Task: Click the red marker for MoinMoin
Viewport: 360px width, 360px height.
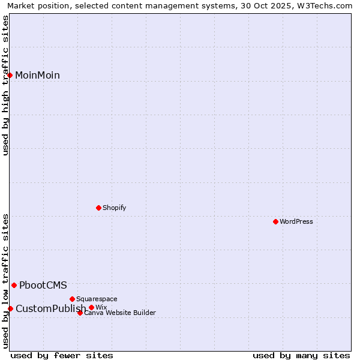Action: click(10, 75)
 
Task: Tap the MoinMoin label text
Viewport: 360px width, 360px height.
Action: click(37, 75)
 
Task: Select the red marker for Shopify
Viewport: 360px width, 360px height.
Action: click(98, 208)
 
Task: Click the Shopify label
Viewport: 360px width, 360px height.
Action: click(114, 208)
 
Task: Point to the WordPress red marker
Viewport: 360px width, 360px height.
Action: click(275, 221)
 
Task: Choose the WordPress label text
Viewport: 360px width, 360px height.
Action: click(296, 221)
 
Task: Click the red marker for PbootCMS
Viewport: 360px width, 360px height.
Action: click(14, 285)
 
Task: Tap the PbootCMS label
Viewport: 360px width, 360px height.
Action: click(43, 285)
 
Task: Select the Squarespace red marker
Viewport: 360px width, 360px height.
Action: click(72, 299)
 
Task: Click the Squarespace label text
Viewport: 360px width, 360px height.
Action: click(97, 299)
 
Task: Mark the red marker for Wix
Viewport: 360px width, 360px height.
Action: click(91, 307)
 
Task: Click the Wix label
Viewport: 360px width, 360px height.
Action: click(101, 307)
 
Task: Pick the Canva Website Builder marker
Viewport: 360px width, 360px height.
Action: click(80, 313)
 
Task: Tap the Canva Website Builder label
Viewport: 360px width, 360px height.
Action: click(120, 313)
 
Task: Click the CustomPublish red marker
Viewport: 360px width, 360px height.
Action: click(10, 308)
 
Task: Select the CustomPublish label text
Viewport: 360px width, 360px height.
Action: click(50, 308)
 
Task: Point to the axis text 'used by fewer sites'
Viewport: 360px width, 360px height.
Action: click(62, 355)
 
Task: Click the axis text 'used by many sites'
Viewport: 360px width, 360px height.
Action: click(301, 355)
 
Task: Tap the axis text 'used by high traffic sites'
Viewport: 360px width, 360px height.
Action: click(5, 85)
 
